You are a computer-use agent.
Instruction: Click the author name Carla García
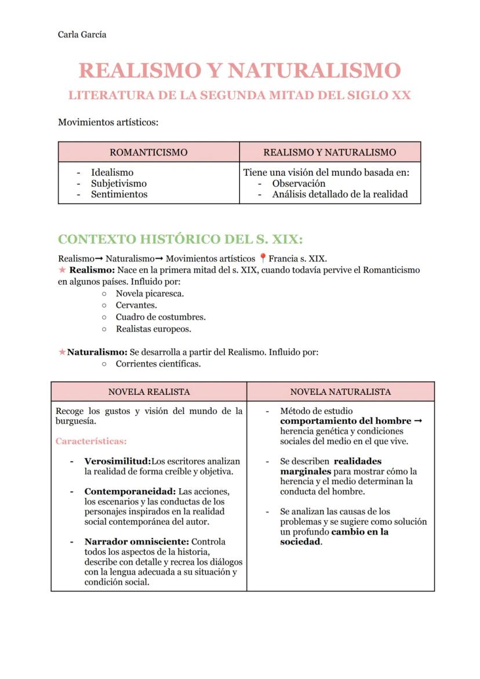(82, 35)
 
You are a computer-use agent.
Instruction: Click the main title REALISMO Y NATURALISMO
(239, 71)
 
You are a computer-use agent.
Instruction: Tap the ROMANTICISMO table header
(148, 152)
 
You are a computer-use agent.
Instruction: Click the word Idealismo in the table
(112, 172)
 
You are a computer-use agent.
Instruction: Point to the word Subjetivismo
(119, 183)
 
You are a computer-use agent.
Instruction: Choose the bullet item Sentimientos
(119, 194)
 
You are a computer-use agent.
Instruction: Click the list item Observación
(299, 183)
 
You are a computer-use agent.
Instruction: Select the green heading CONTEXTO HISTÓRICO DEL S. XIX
(180, 239)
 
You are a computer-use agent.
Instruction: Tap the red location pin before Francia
(263, 259)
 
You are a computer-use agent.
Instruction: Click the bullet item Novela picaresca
(150, 293)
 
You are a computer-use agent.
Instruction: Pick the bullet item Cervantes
(136, 305)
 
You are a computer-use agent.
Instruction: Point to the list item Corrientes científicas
(158, 364)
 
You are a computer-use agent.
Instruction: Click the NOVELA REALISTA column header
(149, 392)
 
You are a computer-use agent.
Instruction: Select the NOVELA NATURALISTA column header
(340, 392)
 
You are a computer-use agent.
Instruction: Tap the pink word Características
(91, 441)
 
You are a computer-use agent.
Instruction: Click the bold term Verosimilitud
(117, 462)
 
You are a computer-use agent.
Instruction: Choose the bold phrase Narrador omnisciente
(136, 542)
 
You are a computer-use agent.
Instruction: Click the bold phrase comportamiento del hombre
(346, 421)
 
